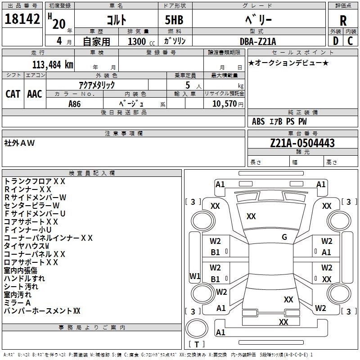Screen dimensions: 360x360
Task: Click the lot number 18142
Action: click(22, 18)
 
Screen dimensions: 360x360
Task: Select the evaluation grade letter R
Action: click(343, 21)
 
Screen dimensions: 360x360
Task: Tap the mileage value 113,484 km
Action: click(53, 65)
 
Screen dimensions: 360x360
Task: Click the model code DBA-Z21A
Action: click(258, 41)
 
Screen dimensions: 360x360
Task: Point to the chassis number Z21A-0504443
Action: click(302, 143)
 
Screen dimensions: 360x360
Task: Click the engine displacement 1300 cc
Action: click(141, 41)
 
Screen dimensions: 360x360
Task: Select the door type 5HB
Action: click(174, 20)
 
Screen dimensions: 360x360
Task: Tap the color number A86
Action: click(74, 104)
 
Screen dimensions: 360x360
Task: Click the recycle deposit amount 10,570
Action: click(224, 103)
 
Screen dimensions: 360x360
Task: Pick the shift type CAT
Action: click(13, 94)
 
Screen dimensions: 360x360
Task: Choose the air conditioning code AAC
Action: click(35, 94)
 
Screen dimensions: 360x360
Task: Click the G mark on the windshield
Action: click(284, 237)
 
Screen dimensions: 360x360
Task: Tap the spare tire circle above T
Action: click(197, 328)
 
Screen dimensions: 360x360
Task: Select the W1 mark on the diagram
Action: click(195, 276)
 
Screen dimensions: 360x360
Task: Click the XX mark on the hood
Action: click(251, 216)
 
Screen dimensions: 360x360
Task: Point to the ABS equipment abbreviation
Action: click(258, 121)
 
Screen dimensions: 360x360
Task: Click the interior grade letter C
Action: click(350, 41)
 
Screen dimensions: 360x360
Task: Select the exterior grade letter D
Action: click(336, 41)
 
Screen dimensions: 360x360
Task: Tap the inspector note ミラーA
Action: click(17, 302)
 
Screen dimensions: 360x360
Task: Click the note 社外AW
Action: click(19, 143)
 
